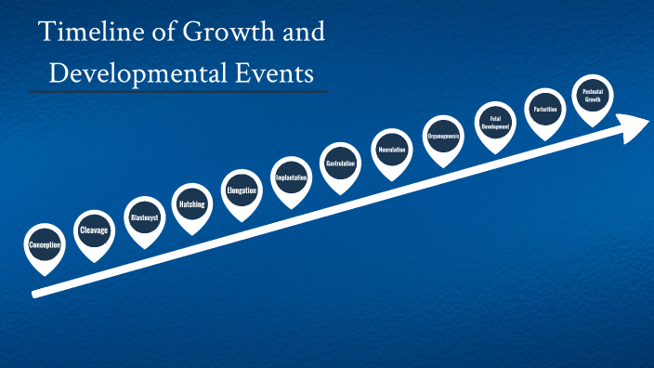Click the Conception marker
click(x=46, y=245)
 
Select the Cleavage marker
click(x=95, y=230)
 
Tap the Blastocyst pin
click(x=144, y=217)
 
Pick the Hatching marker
click(x=192, y=204)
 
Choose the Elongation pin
click(x=242, y=191)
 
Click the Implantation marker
click(x=291, y=177)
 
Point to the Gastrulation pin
click(x=341, y=164)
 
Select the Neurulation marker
click(x=392, y=151)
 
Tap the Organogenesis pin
click(x=443, y=137)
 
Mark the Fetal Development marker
click(x=495, y=123)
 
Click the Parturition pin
click(x=545, y=110)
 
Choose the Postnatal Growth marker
click(x=593, y=97)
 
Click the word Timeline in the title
click(x=82, y=33)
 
